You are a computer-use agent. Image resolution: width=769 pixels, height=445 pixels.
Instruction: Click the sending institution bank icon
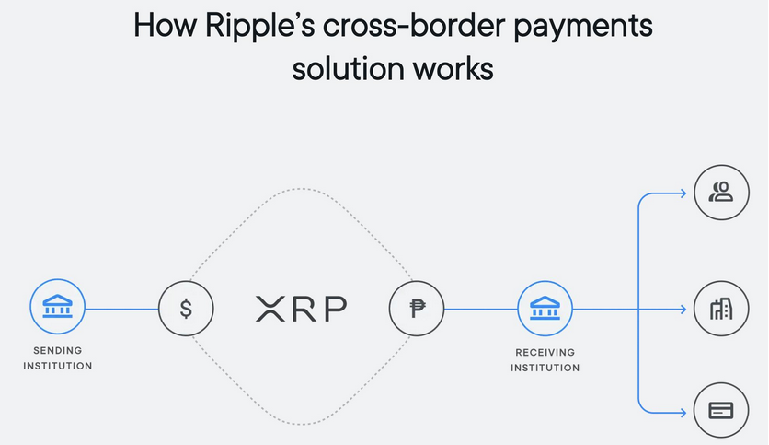[58, 309]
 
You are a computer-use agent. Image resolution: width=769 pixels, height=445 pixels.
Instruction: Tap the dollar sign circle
[186, 309]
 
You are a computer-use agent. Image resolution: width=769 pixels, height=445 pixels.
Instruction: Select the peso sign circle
[416, 309]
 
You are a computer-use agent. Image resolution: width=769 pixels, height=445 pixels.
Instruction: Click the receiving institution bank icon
[545, 309]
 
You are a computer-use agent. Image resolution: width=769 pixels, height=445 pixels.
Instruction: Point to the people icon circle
[722, 193]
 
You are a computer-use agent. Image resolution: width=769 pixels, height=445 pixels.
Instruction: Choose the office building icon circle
[722, 309]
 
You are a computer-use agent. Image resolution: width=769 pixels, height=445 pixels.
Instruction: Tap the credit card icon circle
[722, 411]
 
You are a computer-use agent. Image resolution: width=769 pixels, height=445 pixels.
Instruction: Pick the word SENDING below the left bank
[58, 351]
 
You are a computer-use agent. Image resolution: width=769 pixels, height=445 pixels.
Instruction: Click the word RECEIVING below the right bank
[545, 352]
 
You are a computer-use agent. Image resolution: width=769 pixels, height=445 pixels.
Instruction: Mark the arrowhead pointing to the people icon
[682, 193]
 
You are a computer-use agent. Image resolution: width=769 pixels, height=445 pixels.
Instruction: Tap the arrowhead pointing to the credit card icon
[682, 411]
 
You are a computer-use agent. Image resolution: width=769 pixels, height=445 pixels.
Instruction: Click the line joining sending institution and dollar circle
[122, 309]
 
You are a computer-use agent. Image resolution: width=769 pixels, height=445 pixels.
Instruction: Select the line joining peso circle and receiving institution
[480, 309]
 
